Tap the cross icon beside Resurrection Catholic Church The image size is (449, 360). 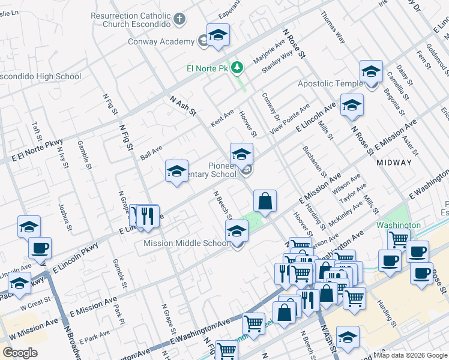coord(179,20)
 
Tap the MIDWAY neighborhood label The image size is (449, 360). coord(394,163)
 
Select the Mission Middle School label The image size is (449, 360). coord(186,244)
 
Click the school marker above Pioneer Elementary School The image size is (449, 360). coord(241,155)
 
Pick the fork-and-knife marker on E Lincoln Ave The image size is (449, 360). coord(147,216)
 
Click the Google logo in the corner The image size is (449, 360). coord(20,353)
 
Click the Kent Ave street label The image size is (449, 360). coord(222,118)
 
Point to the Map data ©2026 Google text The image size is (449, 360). coord(411,355)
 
